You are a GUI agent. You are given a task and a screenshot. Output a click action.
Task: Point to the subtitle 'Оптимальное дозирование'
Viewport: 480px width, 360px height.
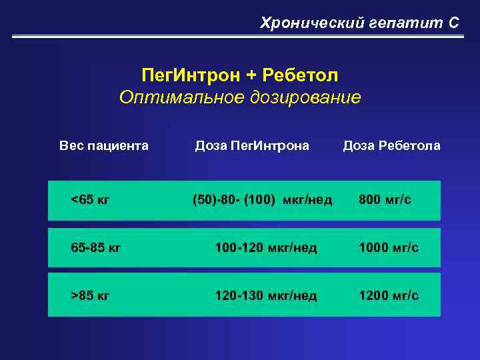tap(240, 97)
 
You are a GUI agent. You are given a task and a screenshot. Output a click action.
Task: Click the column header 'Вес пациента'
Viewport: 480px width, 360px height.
tap(104, 145)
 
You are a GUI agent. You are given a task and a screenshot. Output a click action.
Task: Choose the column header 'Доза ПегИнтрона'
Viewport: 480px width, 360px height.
tap(252, 145)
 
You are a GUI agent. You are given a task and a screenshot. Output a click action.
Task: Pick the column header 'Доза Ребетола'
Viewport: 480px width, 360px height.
tap(391, 145)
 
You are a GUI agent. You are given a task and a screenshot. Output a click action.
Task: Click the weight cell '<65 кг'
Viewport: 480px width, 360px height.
tap(91, 199)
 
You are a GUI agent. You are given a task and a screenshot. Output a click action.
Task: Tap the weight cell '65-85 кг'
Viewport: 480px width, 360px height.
tap(96, 247)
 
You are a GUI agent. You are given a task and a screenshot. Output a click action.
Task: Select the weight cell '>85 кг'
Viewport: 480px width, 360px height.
tap(91, 295)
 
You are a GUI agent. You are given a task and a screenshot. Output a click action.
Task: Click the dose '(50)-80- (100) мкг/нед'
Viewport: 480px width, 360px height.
tap(262, 199)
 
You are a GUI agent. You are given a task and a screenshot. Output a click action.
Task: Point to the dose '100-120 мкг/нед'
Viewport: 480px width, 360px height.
tap(266, 247)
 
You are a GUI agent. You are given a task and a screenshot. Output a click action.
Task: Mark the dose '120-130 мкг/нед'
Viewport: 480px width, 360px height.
tap(266, 295)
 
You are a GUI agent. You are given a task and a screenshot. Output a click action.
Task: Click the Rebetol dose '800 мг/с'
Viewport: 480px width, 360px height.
tap(385, 199)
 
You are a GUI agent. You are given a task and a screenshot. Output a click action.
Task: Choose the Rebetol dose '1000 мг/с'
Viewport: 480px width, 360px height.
tap(389, 247)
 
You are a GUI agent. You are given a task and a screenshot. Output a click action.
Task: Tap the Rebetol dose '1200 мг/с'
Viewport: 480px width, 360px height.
tap(389, 295)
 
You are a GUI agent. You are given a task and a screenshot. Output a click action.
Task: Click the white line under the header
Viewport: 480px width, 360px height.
tap(240, 36)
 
